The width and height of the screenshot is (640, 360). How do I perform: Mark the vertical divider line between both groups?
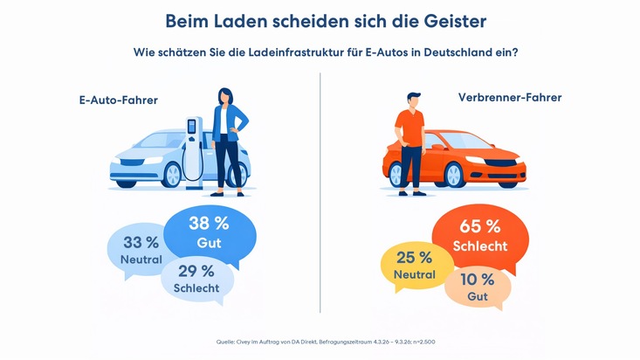click(x=320, y=192)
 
